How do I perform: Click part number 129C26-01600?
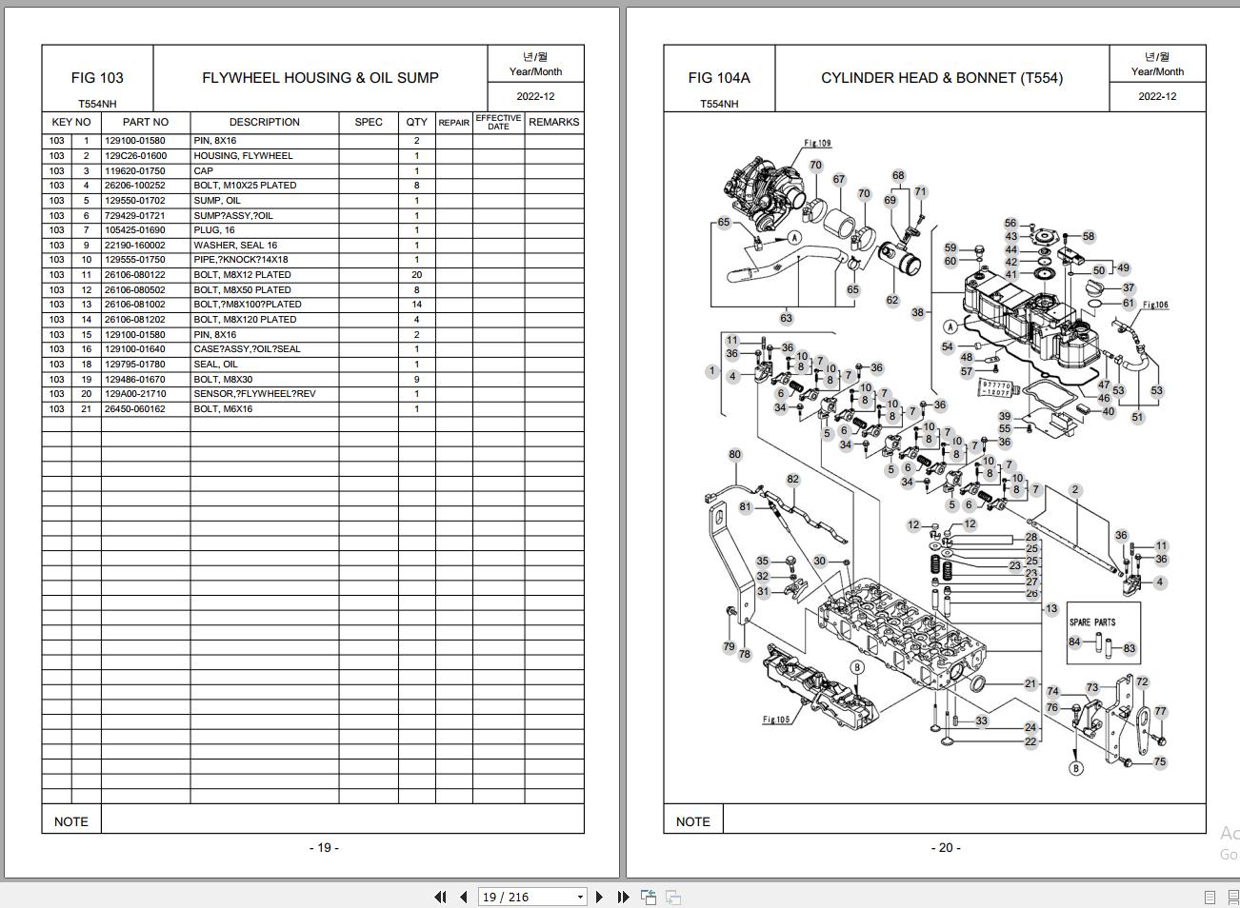point(135,156)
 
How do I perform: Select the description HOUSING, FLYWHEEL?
point(243,156)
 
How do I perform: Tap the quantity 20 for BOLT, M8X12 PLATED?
point(416,275)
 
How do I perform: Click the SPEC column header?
point(369,122)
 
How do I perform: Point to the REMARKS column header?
point(553,122)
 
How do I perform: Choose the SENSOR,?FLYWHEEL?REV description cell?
point(254,394)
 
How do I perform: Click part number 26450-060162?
point(135,409)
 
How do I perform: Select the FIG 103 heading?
point(97,78)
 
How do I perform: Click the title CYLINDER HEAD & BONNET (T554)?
point(942,78)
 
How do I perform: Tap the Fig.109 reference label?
point(817,144)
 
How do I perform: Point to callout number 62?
point(891,301)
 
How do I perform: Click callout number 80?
point(734,455)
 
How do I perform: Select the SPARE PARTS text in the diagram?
point(1092,622)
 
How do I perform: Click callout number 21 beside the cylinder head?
point(1030,684)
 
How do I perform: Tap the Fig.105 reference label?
point(776,720)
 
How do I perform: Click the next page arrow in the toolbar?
point(599,897)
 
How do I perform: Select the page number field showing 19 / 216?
point(532,897)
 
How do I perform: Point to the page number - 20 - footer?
point(946,848)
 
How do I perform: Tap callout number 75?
point(1160,762)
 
